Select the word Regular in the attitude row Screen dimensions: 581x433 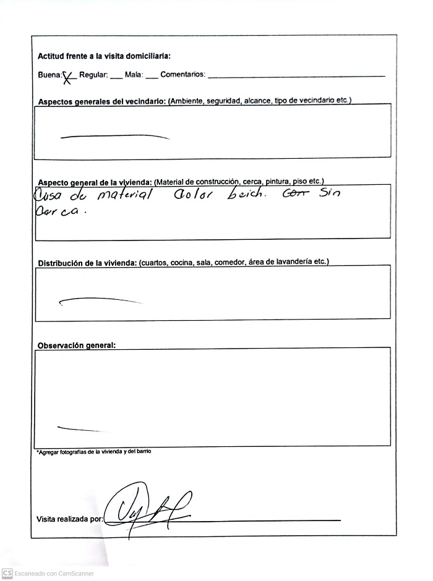coord(93,75)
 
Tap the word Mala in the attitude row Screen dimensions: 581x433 coord(133,75)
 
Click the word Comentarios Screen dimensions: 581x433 coord(182,75)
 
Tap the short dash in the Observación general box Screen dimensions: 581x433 coord(79,428)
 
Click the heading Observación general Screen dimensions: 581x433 coord(77,345)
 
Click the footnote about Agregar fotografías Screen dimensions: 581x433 coord(93,452)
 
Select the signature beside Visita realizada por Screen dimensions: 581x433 coord(146,509)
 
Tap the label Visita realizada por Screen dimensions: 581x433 coord(69,519)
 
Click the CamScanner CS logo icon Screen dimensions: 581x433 coord(7,573)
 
